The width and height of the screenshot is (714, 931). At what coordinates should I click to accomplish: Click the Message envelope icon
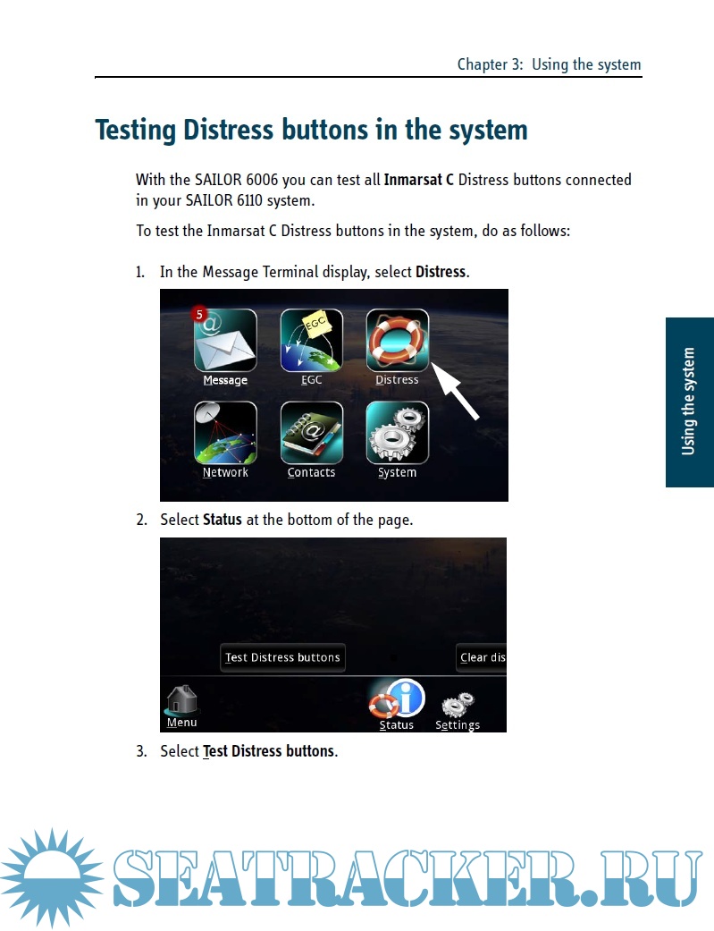point(225,340)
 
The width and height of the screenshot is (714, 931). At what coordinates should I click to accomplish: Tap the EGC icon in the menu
point(312,340)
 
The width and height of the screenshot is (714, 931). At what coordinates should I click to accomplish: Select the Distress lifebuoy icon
point(397,340)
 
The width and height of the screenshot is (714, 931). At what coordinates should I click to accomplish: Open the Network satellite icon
point(225,433)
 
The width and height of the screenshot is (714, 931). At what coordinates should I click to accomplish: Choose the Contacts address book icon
point(312,433)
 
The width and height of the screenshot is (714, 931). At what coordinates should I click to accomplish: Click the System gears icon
point(397,433)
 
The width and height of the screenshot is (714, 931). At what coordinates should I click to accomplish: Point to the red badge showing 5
point(199,314)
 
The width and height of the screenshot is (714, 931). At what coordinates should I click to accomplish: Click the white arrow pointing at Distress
point(455,392)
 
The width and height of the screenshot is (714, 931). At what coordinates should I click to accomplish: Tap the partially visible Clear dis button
point(482,658)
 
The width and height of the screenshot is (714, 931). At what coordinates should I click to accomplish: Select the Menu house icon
point(181,700)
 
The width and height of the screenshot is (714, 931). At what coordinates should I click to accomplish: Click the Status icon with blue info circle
point(397,698)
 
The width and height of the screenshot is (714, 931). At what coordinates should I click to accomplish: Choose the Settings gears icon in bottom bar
point(458,705)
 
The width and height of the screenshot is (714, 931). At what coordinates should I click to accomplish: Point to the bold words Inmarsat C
point(419,180)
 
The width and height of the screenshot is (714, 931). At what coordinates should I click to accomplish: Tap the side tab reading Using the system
point(690,402)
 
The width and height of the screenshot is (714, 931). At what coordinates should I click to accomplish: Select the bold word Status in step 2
point(222,520)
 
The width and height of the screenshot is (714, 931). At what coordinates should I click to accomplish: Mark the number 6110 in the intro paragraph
point(249,200)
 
